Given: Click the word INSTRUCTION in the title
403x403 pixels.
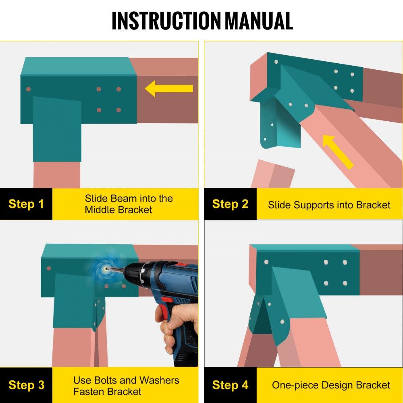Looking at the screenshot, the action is click(166, 21).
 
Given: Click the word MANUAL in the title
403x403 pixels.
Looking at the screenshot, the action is click(259, 21).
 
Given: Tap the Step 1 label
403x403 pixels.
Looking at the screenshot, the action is click(26, 204).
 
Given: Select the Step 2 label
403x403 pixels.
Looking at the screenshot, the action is click(230, 204).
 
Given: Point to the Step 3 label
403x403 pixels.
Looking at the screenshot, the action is click(26, 385).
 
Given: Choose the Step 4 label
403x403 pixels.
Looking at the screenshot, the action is click(230, 385).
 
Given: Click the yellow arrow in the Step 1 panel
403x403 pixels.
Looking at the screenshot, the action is click(169, 88).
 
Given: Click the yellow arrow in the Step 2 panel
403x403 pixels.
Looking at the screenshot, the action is click(337, 151).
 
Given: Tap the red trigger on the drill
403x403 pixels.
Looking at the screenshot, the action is click(167, 299).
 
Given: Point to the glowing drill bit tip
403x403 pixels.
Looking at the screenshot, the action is click(106, 269).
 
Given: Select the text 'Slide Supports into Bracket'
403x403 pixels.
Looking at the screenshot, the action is click(329, 205).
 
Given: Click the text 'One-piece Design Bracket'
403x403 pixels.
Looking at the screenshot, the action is click(331, 385).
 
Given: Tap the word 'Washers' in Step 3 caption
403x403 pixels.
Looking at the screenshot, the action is click(159, 380).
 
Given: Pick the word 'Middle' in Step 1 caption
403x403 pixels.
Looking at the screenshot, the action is click(100, 210).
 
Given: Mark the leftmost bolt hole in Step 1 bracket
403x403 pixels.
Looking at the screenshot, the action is click(29, 89).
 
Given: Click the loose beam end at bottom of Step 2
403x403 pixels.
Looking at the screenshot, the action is click(272, 174).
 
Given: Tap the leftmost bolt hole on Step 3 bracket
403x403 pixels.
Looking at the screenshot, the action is click(49, 268).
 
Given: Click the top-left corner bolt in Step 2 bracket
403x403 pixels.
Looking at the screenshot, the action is click(276, 62).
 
